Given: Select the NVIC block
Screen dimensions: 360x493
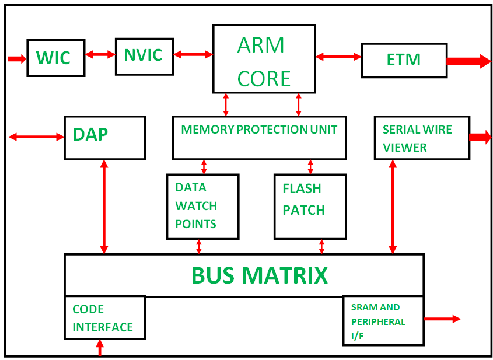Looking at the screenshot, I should tap(144, 56).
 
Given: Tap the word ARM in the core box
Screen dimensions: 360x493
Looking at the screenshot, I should tap(261, 45).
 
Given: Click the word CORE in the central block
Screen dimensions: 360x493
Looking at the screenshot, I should tap(264, 78).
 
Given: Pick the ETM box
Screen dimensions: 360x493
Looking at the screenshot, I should tap(404, 60).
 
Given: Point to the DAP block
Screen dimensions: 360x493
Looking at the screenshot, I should tap(104, 138).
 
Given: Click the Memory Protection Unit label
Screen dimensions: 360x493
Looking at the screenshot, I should tap(259, 130).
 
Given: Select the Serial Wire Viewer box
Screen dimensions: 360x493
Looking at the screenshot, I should tap(421, 138).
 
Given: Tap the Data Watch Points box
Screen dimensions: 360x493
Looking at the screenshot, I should tap(202, 206).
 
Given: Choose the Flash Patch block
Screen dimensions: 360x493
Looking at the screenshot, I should tap(310, 206).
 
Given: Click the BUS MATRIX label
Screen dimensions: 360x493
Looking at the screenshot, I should tap(260, 275).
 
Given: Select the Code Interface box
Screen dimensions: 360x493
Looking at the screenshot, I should tap(104, 318).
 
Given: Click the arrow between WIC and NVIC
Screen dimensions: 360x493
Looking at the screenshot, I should tap(100, 55).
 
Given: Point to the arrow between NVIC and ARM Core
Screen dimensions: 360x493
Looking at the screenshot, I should tap(193, 55).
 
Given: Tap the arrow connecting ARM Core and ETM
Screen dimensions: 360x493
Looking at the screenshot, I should tap(338, 57).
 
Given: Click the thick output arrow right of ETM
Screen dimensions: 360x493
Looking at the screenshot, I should tap(468, 61).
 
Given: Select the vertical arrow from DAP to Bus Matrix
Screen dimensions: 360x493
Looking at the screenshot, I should tap(104, 207).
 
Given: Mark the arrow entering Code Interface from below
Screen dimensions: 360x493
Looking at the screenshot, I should tap(100, 348).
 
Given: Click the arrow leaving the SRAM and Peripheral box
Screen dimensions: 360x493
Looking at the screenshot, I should tap(442, 319).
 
